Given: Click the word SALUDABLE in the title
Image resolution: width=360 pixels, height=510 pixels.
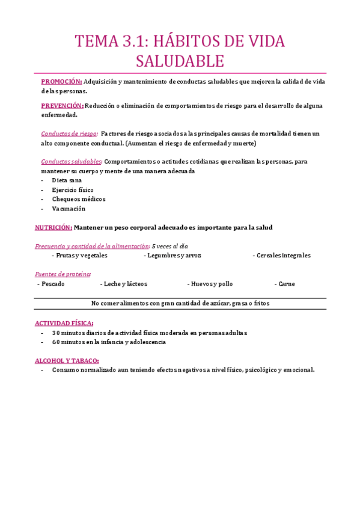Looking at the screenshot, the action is tap(180, 61).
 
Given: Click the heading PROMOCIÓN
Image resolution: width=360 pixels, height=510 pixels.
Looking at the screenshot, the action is tap(61, 82).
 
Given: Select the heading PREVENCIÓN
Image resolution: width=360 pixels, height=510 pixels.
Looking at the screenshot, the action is tap(63, 106).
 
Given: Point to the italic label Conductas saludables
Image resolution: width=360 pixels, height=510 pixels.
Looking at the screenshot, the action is tap(72, 162).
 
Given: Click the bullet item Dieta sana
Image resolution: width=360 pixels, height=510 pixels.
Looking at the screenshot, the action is tap(67, 180).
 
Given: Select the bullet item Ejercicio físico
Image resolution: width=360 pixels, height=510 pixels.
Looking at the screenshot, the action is tap(73, 190).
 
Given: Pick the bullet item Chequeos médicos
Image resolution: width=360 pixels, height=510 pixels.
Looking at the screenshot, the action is tap(79, 199).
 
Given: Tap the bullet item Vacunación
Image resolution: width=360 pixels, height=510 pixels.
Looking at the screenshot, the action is tap(69, 209).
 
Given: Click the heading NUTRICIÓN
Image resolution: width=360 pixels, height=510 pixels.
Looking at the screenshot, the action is tap(53, 227).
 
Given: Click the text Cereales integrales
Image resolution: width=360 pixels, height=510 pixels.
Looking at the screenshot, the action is tap(284, 256).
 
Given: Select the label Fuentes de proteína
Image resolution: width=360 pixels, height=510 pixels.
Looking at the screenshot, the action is tap(63, 274).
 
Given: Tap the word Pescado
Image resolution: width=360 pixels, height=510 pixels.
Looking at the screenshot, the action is tap(53, 284).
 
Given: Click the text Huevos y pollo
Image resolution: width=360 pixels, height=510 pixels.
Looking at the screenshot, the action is tap(212, 284).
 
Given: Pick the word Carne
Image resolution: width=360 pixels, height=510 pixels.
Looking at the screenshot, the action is tap(287, 284).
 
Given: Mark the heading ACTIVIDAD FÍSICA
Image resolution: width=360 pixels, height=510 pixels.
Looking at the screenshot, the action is tap(64, 323).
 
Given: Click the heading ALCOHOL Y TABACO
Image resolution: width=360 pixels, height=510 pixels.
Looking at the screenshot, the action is tap(67, 360).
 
